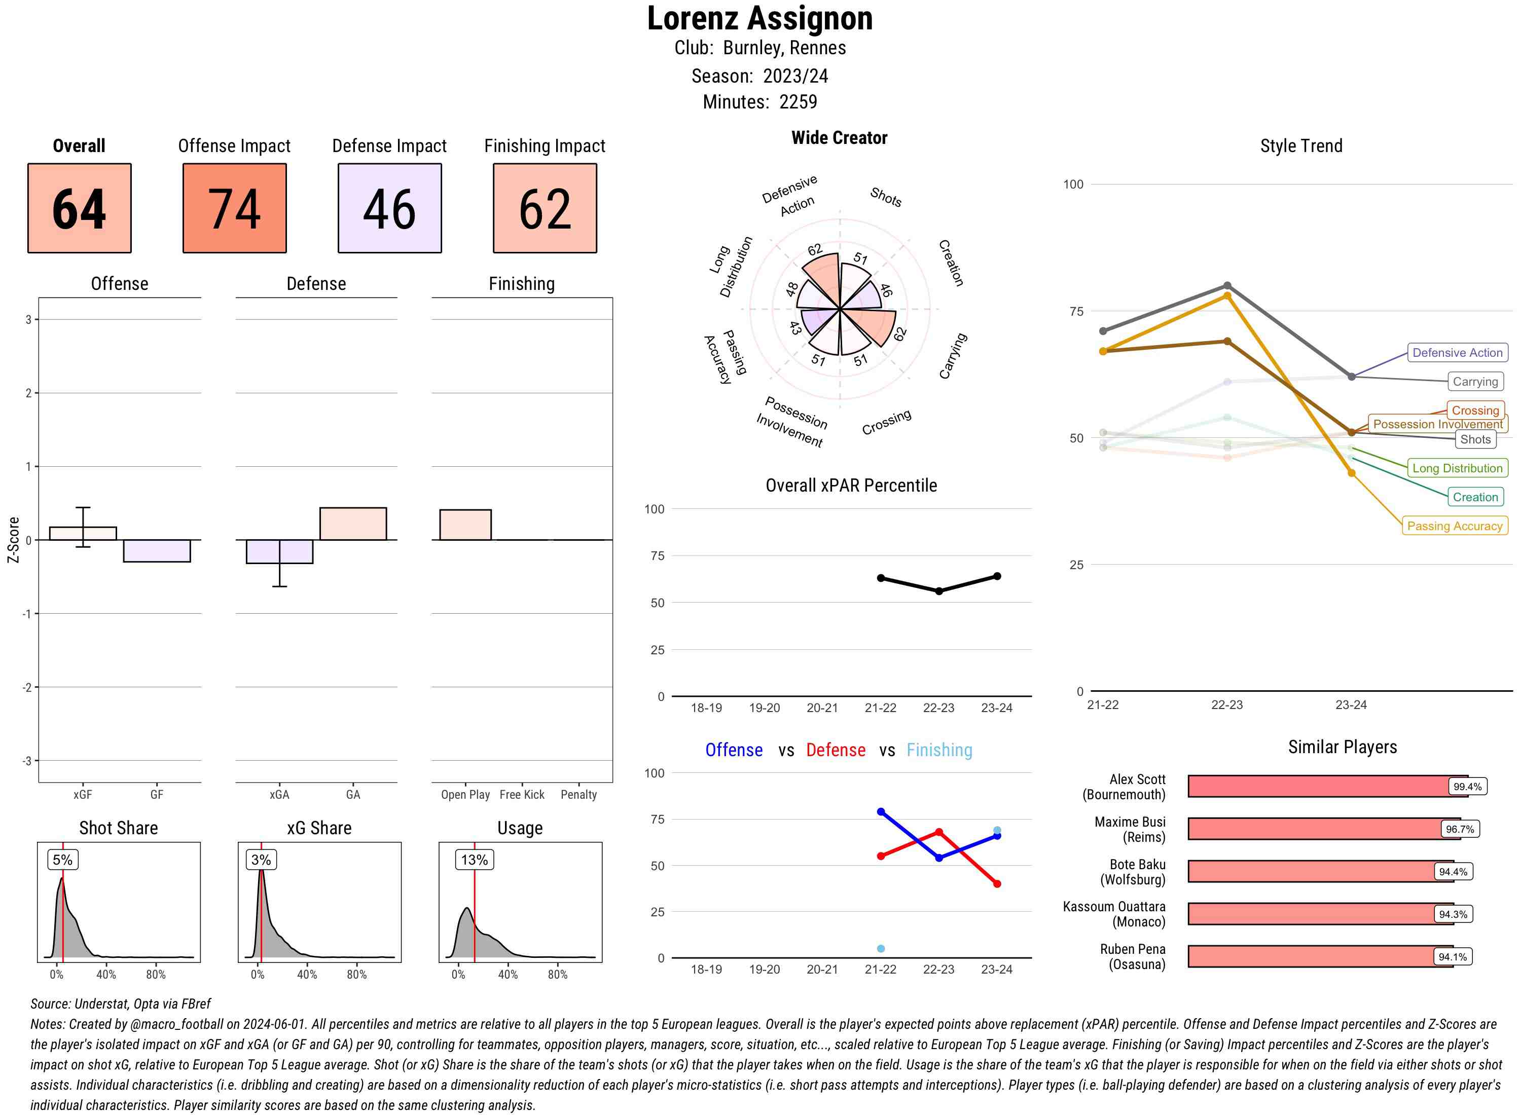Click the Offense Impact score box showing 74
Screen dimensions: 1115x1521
[234, 208]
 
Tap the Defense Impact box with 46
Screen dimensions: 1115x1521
[389, 208]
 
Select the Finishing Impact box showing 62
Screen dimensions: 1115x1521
[545, 208]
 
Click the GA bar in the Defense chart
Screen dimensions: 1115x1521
[353, 524]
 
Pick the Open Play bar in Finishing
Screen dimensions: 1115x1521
[465, 525]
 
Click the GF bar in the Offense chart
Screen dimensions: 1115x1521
[157, 551]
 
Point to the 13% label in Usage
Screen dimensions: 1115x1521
[474, 860]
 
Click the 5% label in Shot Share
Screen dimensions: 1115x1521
[62, 860]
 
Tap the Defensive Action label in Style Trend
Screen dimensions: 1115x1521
[1457, 352]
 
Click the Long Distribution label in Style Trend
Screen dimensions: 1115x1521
[1457, 468]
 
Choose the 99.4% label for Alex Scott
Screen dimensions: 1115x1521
[1467, 786]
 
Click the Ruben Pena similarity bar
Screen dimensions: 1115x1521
[1320, 956]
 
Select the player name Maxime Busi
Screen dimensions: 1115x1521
[1130, 830]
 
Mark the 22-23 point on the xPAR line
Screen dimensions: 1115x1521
[938, 591]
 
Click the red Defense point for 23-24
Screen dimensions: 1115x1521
[996, 883]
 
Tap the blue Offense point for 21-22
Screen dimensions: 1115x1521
[880, 812]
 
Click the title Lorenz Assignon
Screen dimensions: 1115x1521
[759, 18]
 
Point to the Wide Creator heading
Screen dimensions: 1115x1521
[839, 138]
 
